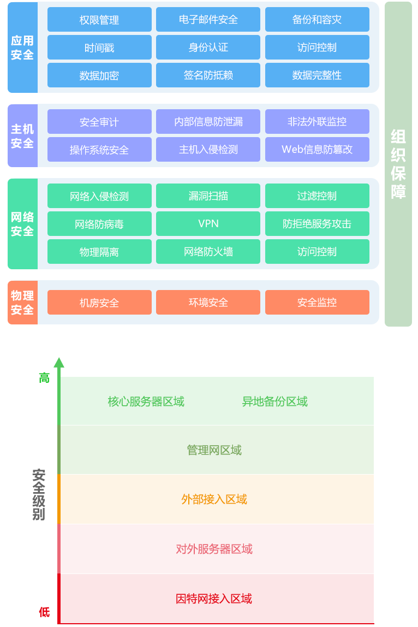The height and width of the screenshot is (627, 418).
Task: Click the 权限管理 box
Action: point(99,20)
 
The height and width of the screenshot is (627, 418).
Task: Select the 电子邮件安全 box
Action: point(208,20)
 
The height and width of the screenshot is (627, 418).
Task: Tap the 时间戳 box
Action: point(99,48)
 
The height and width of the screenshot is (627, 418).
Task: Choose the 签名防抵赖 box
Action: point(208,75)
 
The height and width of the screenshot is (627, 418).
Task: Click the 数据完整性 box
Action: point(317,75)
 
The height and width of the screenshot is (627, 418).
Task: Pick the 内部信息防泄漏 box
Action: point(208,122)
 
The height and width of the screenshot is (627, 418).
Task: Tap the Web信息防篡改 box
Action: point(317,150)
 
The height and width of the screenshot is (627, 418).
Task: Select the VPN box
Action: point(208,224)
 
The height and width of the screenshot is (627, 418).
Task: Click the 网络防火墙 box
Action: point(208,252)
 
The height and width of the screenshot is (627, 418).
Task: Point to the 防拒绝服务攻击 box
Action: point(317,224)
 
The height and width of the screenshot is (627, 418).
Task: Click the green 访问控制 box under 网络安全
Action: point(317,252)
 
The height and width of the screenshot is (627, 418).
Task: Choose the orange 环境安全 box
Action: point(208,303)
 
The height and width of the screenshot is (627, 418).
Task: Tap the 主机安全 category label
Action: point(22,136)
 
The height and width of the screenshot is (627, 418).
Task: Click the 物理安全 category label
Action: point(22,303)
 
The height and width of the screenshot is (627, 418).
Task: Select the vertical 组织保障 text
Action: point(398,164)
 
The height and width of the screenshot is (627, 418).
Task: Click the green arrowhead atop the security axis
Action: point(59,363)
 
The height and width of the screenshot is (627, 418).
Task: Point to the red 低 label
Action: point(44,612)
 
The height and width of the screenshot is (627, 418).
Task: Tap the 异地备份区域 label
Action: point(274,402)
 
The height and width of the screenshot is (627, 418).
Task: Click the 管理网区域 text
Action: point(214,451)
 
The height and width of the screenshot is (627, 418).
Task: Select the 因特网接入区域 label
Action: point(214,599)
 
